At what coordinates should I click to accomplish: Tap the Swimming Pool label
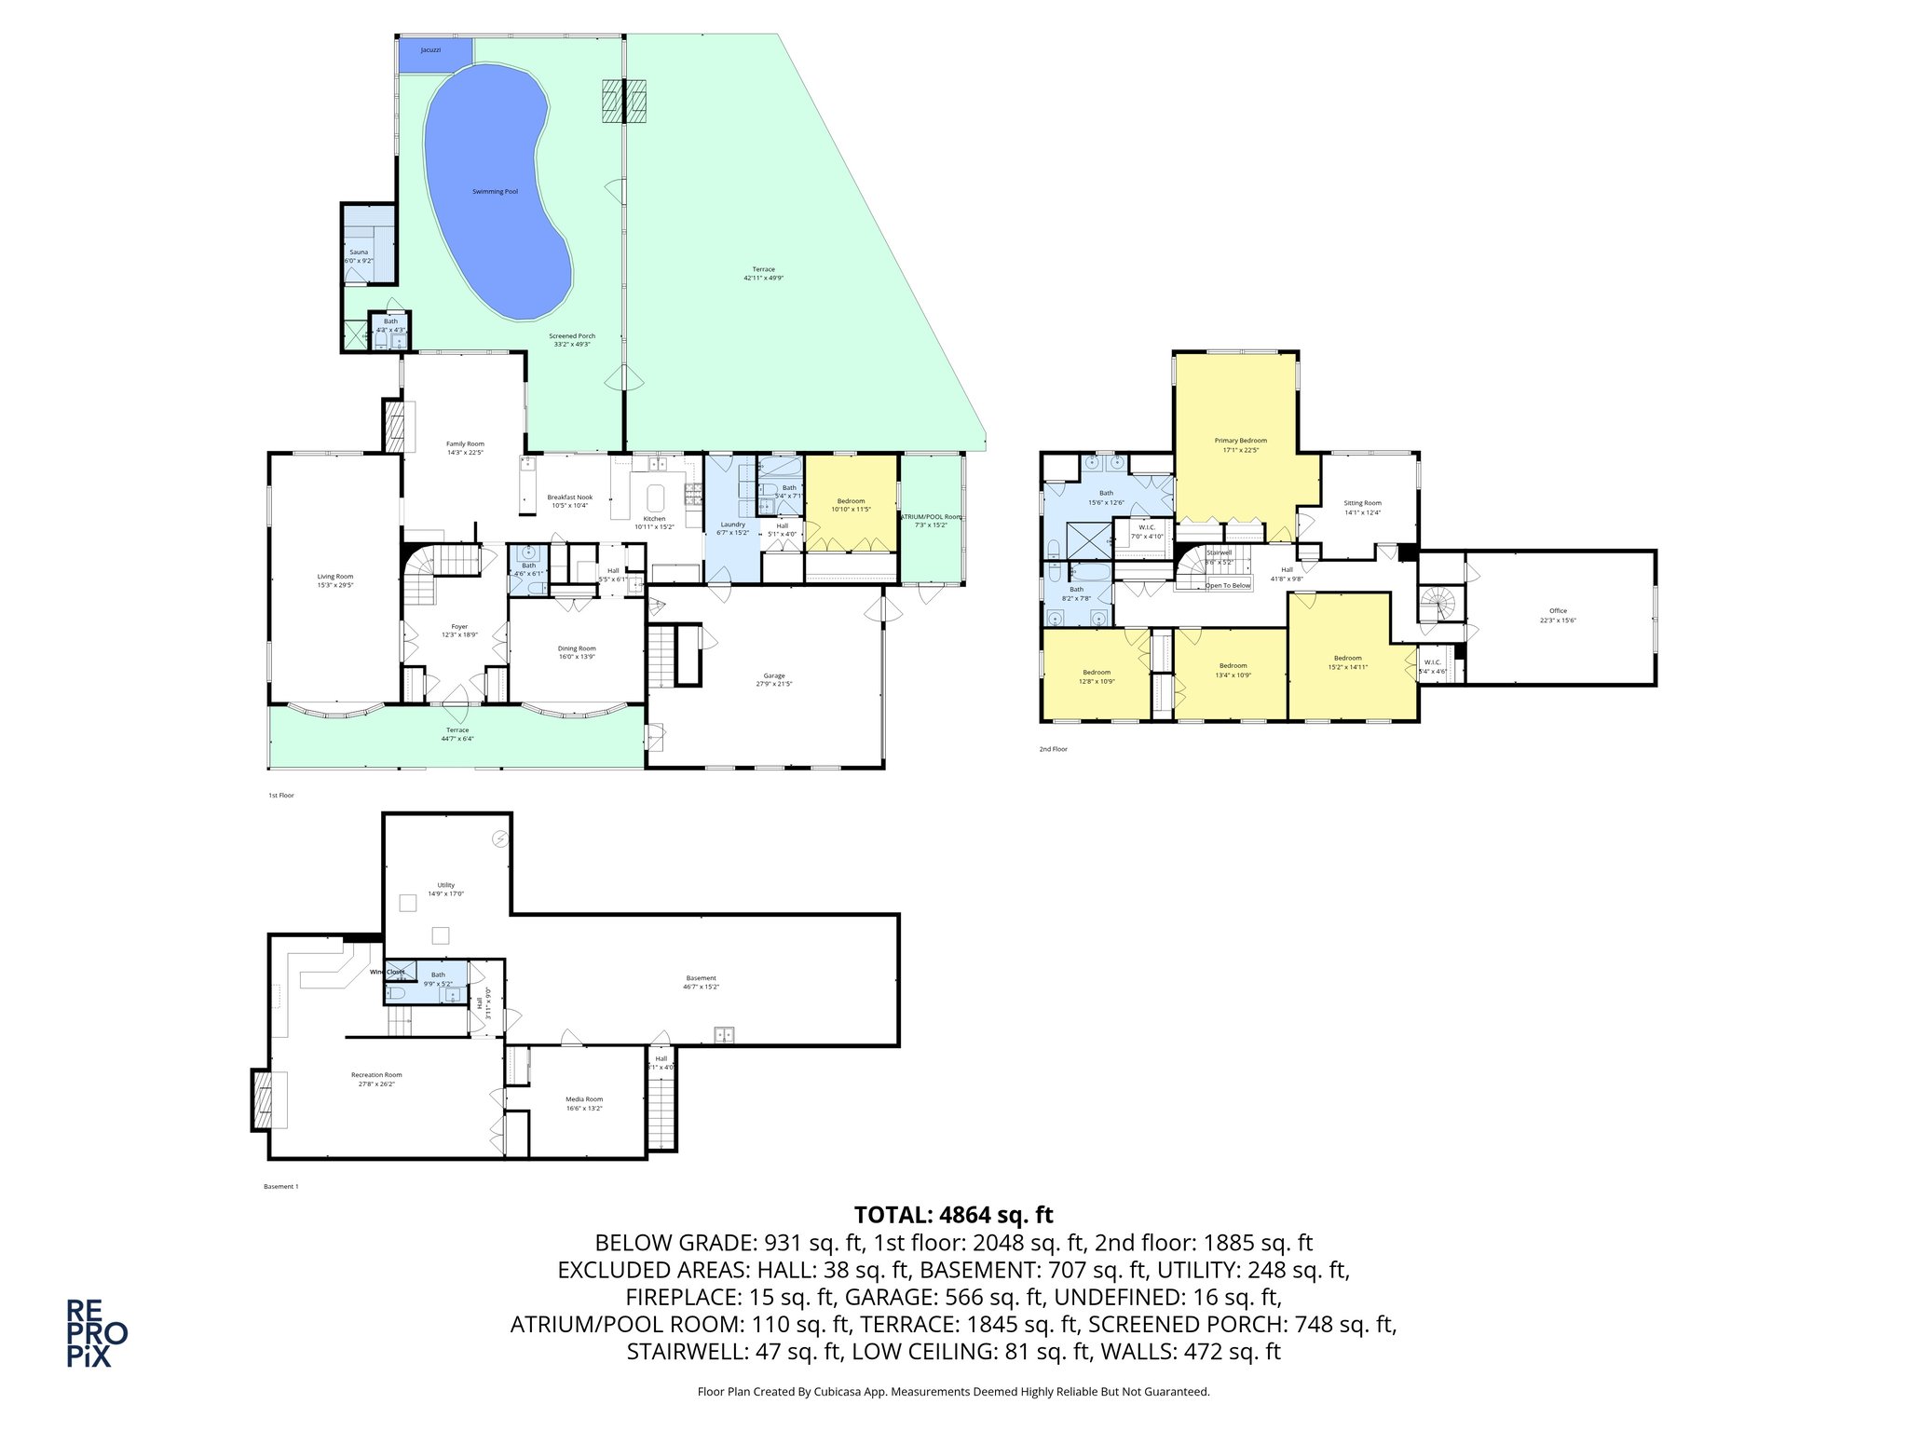495,192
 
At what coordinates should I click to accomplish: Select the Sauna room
360,252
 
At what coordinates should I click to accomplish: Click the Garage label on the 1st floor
774,675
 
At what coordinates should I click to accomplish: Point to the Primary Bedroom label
1240,441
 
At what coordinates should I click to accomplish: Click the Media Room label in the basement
584,1099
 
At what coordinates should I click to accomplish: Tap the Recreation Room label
376,1075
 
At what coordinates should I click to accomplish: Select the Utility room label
446,885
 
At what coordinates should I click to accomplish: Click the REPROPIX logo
96,1333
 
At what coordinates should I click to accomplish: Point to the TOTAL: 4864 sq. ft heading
953,1215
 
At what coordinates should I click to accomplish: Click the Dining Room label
577,648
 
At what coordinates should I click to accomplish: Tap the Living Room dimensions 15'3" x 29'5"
335,585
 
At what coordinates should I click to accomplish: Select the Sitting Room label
1362,503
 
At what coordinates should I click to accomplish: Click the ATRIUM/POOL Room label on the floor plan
930,516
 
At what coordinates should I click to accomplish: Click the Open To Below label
1228,585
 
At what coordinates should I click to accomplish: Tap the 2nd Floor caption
1054,749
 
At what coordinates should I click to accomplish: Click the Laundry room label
733,525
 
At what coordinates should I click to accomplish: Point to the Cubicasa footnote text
953,1392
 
